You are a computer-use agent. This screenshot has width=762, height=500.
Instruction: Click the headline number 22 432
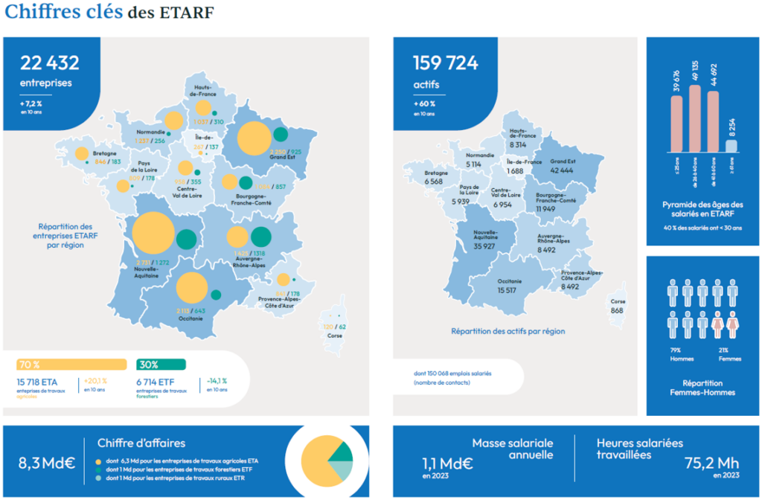[50, 63]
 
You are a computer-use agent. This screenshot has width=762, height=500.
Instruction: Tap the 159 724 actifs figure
[445, 63]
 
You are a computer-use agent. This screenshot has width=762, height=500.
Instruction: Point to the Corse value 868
[617, 310]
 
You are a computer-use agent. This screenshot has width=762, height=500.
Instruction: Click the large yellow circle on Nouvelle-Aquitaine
[154, 234]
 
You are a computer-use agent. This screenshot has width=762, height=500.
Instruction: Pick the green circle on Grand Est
[281, 134]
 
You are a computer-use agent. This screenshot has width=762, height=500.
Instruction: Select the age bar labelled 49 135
[694, 119]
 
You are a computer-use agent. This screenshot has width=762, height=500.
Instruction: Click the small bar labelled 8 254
[731, 147]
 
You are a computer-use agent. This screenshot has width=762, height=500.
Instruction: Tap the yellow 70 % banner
[71, 365]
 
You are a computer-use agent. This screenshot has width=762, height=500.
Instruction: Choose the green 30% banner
[161, 365]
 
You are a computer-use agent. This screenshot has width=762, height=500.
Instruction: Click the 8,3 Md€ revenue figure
[47, 463]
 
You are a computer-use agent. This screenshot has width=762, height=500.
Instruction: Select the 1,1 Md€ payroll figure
[447, 463]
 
